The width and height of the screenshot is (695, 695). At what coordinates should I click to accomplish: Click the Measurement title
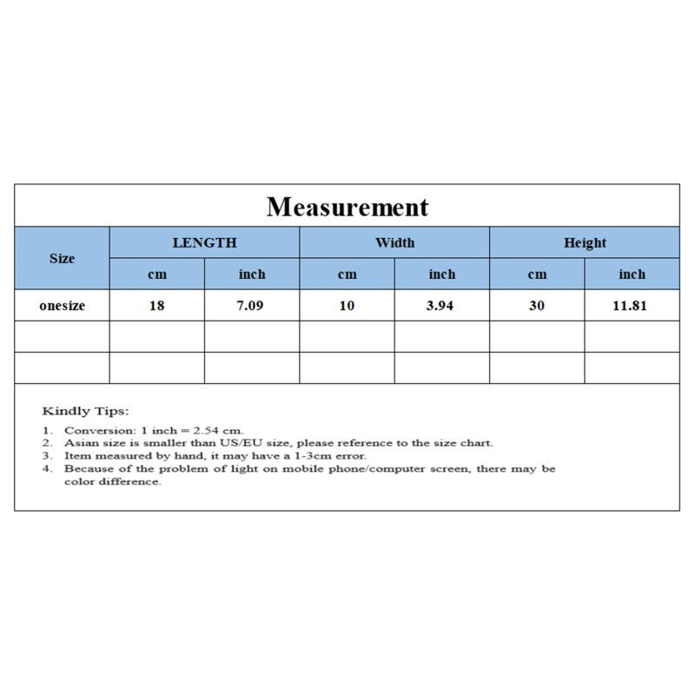(x=347, y=207)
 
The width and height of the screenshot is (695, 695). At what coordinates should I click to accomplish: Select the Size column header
(x=62, y=258)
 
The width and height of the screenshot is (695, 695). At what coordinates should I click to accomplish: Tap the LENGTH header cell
(x=204, y=242)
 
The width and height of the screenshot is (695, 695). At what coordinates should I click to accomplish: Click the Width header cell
(x=394, y=242)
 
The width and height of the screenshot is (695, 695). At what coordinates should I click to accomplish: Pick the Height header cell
(x=585, y=242)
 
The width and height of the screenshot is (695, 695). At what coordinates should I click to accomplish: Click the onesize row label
(x=62, y=306)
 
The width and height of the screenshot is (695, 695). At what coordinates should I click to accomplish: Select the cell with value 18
(x=157, y=306)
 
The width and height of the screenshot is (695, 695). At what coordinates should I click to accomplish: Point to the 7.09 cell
(x=252, y=306)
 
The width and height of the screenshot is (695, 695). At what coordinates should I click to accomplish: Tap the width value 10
(x=347, y=306)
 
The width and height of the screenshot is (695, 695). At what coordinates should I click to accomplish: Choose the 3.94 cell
(x=442, y=306)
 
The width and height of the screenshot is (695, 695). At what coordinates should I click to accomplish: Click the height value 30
(x=537, y=306)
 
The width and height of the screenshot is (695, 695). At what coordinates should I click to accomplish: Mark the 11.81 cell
(x=632, y=306)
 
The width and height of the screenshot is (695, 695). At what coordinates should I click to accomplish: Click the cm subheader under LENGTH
(x=157, y=275)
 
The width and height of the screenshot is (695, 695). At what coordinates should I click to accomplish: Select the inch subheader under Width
(x=442, y=275)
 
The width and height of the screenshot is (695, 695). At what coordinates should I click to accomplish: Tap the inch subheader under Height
(x=632, y=275)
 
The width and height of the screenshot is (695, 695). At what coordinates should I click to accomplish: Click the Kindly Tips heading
(x=85, y=410)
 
